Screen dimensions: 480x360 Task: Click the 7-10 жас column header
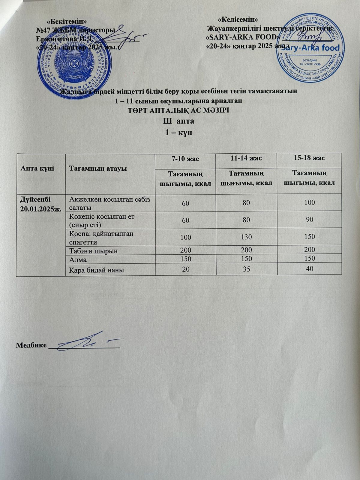tap(185, 159)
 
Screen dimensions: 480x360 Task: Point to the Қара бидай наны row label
tap(97, 270)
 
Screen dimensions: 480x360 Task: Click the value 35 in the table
tap(246, 269)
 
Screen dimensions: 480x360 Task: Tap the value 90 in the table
tap(310, 220)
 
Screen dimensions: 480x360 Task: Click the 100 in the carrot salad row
tap(309, 202)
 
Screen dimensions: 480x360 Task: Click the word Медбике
tap(31, 345)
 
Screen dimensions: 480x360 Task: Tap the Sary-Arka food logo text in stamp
tap(318, 48)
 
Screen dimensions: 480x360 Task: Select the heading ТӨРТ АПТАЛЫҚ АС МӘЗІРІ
tap(179, 110)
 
